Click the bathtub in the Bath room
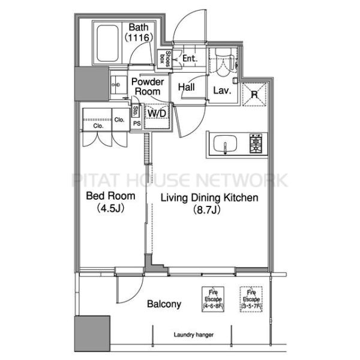coord(107,43)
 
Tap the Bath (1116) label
coord(139,32)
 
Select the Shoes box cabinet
coord(165,59)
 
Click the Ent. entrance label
coord(190,58)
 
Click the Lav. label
coord(222,91)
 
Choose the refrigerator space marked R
coord(254,94)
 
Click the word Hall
coord(187,87)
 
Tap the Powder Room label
coord(148,86)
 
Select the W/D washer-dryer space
coord(157,113)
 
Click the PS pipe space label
coord(137,124)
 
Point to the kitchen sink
coord(225,143)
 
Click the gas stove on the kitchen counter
coord(256,144)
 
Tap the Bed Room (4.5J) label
coord(110,202)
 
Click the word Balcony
coord(164,304)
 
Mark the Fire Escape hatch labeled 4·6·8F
coord(213,299)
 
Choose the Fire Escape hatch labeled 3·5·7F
coord(251,299)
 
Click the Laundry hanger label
coord(194,335)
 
